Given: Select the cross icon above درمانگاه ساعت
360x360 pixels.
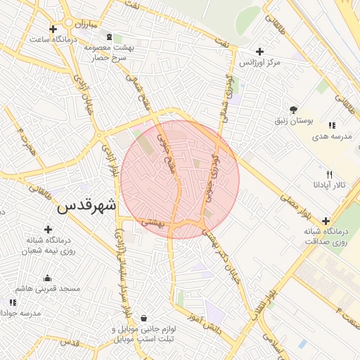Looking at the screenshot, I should (x=53, y=28).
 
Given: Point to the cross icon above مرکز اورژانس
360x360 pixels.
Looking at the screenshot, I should (x=260, y=51).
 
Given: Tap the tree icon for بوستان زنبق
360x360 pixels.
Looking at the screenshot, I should (x=293, y=109).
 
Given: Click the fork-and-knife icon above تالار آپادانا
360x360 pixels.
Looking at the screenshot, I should (x=328, y=174).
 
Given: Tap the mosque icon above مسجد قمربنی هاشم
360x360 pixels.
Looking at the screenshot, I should (x=46, y=278).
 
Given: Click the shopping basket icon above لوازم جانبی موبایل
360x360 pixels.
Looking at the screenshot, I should (x=144, y=318).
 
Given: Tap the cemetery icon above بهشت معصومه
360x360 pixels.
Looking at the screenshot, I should (x=108, y=37).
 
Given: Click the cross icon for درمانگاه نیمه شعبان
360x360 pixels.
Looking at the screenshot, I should (x=48, y=229).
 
